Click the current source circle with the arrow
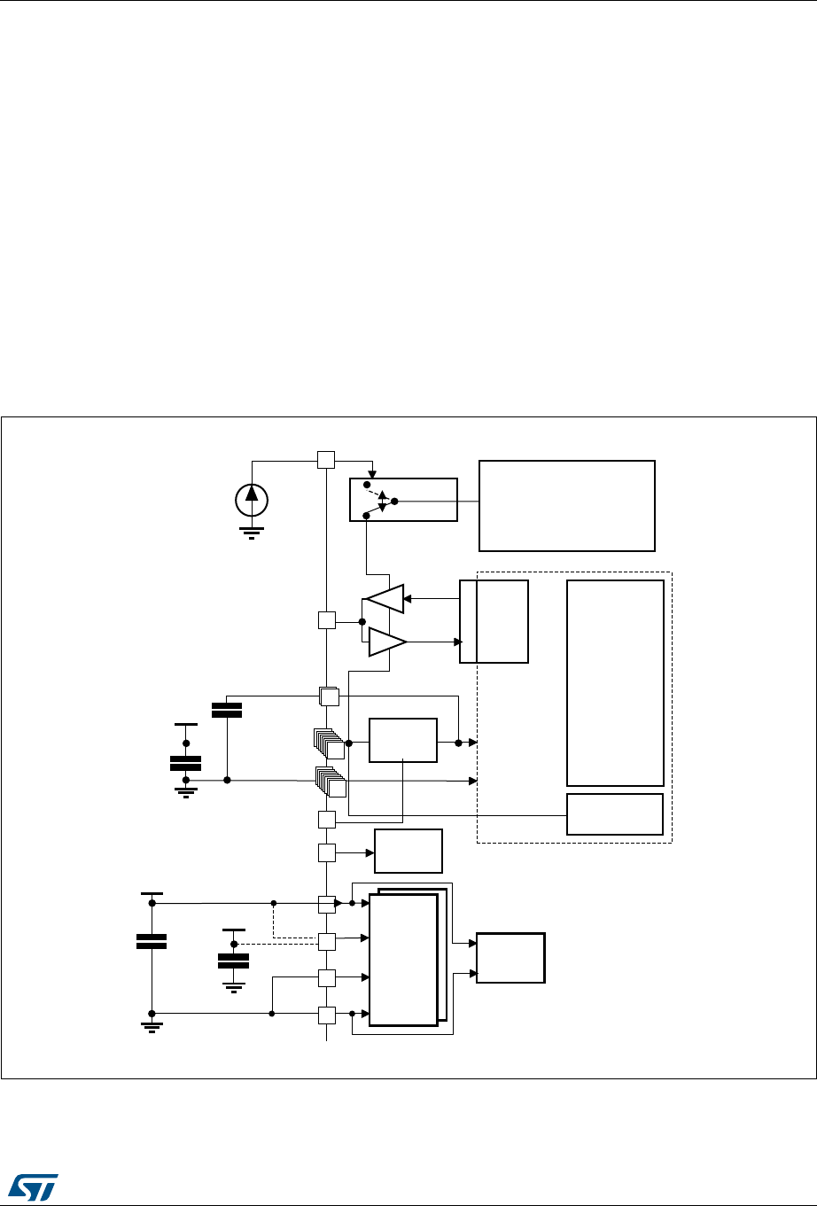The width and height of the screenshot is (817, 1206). pos(252,500)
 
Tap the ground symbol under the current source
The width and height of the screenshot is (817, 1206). pos(252,533)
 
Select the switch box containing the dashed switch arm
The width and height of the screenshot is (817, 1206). pos(403,500)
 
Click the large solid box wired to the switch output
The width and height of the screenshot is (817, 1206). pos(566,505)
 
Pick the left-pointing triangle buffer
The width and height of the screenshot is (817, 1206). pos(385,598)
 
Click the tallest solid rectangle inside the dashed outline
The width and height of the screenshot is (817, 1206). pos(615,682)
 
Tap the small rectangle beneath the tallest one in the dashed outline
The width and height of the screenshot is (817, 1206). pos(615,813)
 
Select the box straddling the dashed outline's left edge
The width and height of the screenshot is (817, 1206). pos(494,621)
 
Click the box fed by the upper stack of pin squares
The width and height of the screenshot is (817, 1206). pos(403,741)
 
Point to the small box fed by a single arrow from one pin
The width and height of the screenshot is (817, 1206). pos(408,852)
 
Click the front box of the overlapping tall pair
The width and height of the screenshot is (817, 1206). pos(403,959)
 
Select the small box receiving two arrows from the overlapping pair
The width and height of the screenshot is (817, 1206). pos(510,957)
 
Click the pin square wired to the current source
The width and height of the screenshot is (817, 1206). pos(326,459)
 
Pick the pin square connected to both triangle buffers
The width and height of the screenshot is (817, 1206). pos(326,620)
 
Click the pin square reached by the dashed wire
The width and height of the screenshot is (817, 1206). pos(327,941)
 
